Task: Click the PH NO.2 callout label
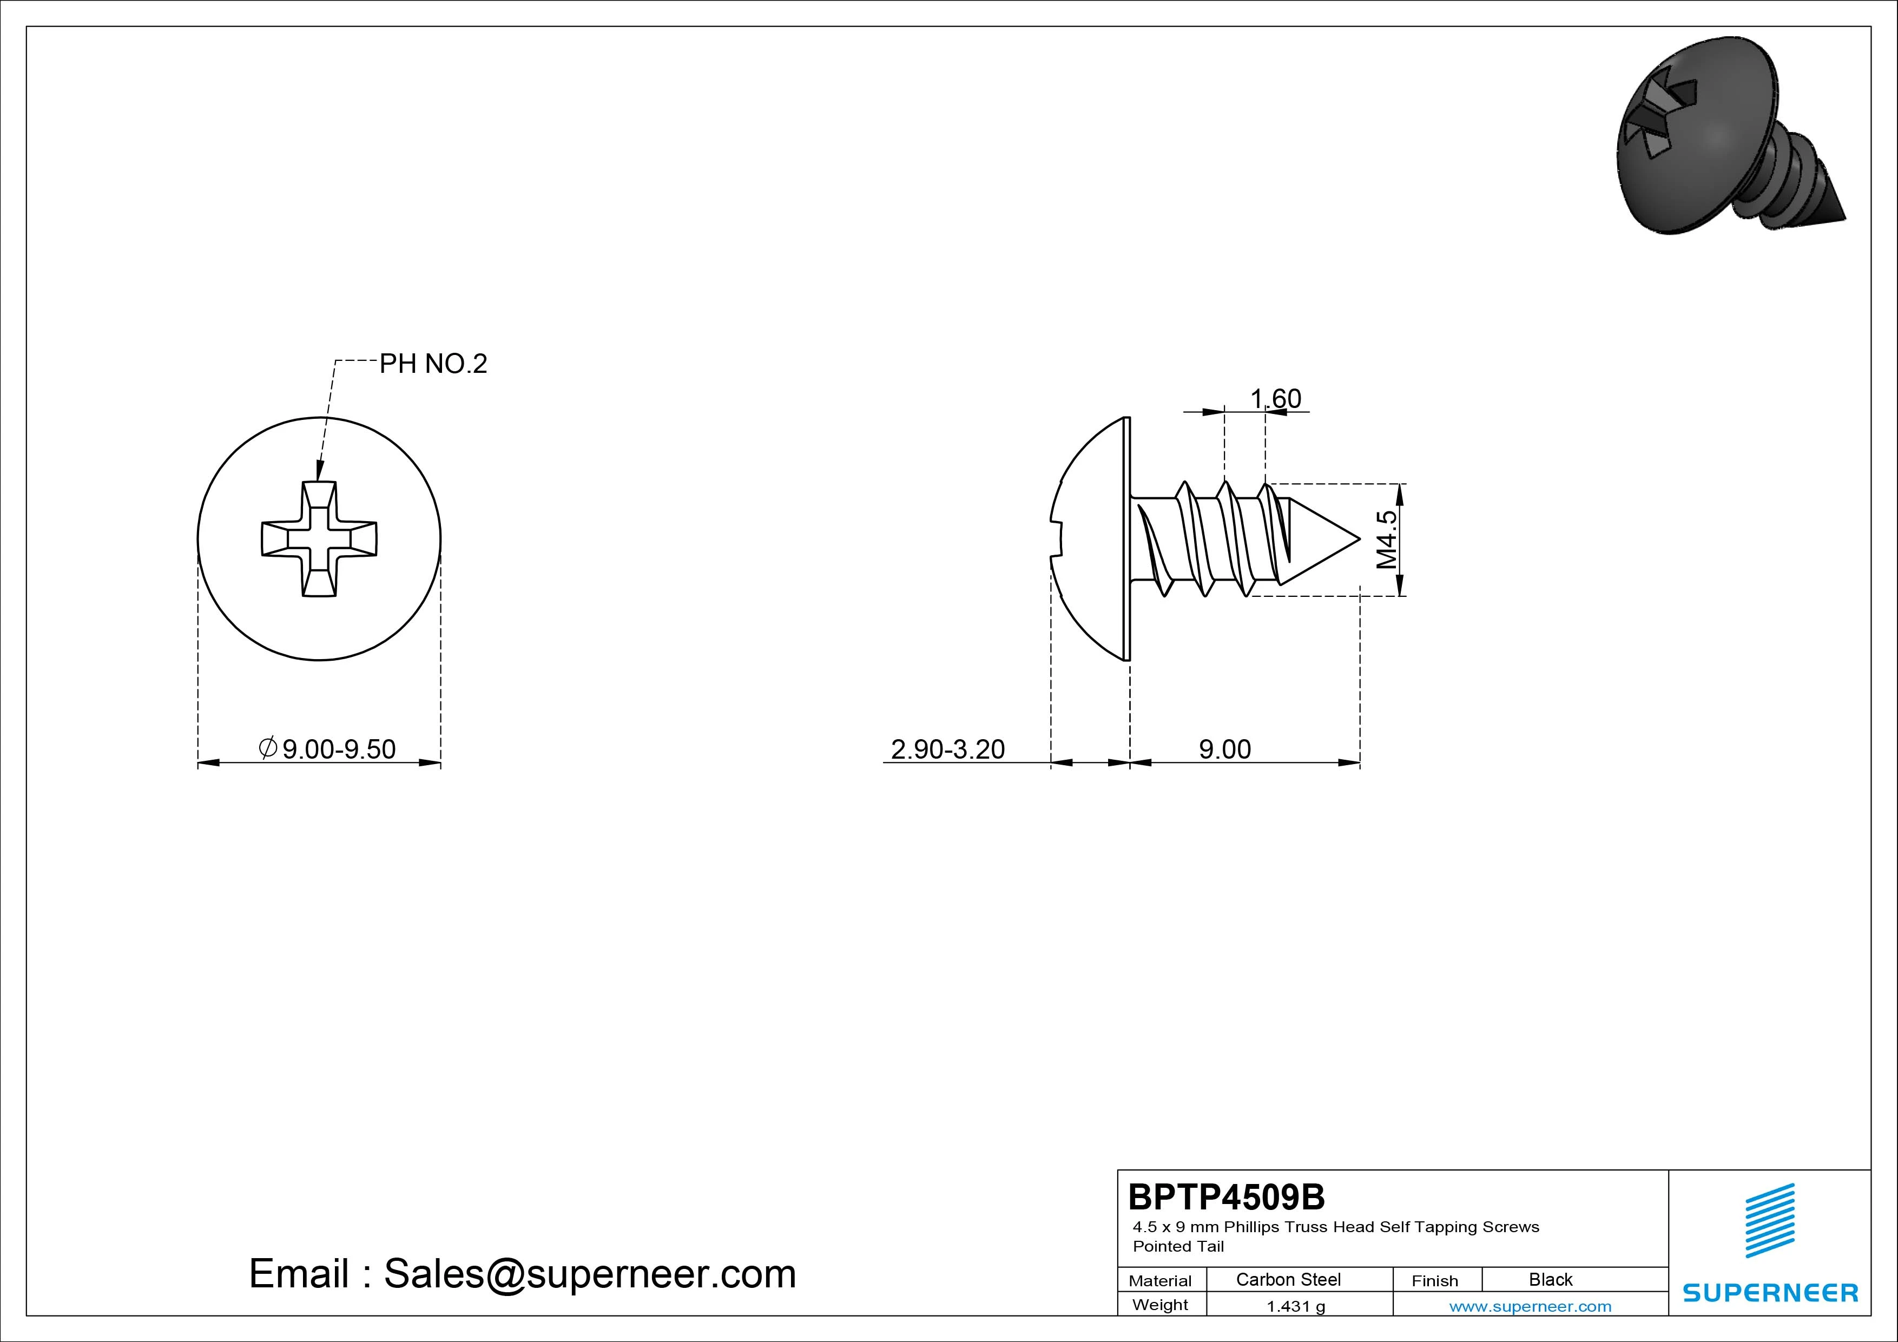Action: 433,364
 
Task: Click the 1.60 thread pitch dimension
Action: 1276,399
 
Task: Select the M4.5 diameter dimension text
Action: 1386,539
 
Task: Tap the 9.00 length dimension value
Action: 1225,749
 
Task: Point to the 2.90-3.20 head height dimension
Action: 947,749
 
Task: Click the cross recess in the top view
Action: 319,538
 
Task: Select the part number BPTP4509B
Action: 1226,1196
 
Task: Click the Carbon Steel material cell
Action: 1288,1279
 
